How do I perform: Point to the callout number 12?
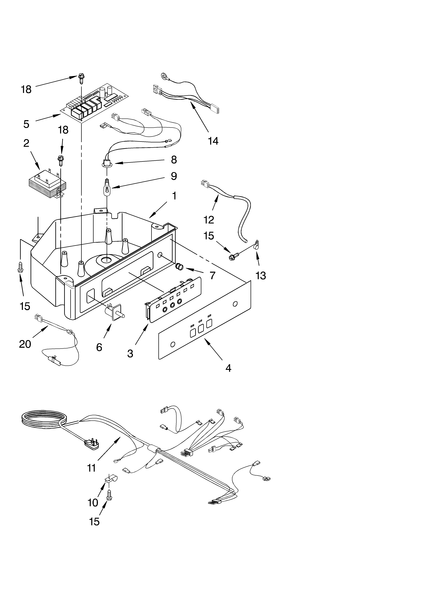pyautogui.click(x=209, y=220)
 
